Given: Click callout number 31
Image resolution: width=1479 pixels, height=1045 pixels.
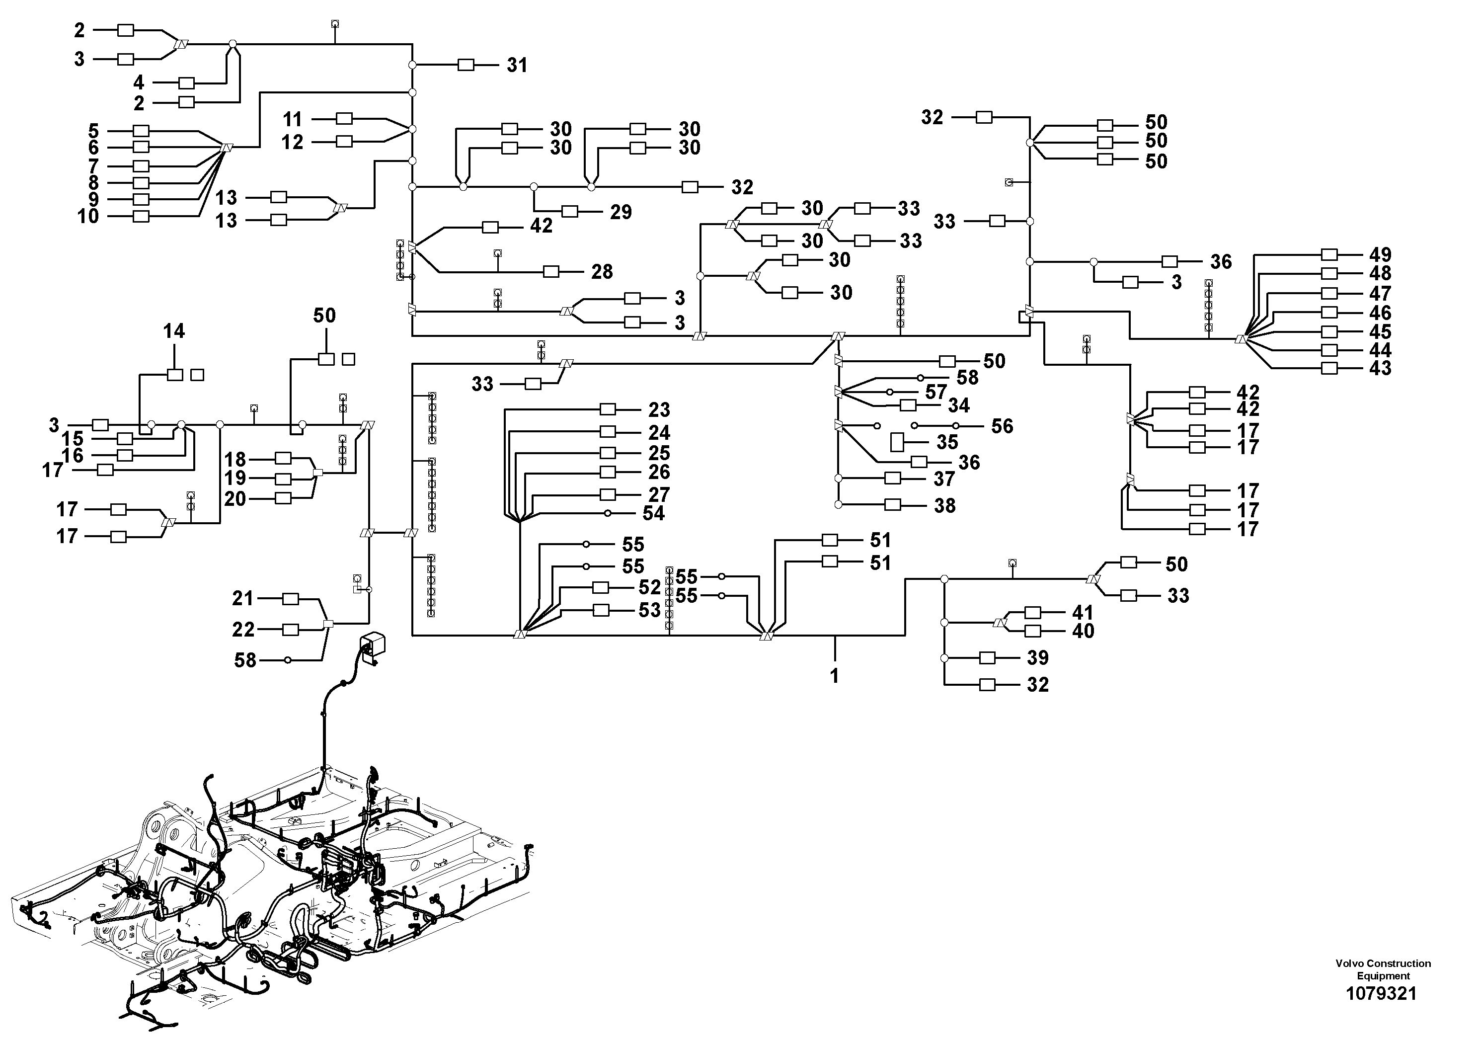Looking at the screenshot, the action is click(517, 65).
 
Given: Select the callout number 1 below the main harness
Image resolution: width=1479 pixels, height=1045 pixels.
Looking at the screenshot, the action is click(834, 676).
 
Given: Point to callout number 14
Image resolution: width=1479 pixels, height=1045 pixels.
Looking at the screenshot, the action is click(174, 331).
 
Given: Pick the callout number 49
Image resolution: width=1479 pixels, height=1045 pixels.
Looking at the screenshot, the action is click(1380, 254).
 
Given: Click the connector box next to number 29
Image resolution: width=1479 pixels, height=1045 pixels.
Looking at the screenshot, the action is click(570, 211).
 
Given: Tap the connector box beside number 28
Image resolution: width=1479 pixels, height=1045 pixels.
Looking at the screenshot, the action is click(551, 271).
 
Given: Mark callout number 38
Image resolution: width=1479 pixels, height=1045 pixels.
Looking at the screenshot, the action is click(944, 506).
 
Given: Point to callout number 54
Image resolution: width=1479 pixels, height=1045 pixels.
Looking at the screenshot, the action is click(654, 513).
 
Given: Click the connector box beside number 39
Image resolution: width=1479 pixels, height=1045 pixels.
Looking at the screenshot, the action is click(987, 658).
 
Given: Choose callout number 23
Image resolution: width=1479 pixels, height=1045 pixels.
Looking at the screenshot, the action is click(659, 410).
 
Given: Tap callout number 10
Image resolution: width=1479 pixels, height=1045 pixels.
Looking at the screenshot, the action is click(88, 217).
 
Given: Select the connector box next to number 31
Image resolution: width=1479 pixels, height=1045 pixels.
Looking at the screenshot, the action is click(466, 65).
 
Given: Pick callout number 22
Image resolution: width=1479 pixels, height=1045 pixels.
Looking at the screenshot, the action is click(243, 630).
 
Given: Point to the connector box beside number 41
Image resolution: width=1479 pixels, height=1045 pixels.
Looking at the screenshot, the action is click(1032, 613).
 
